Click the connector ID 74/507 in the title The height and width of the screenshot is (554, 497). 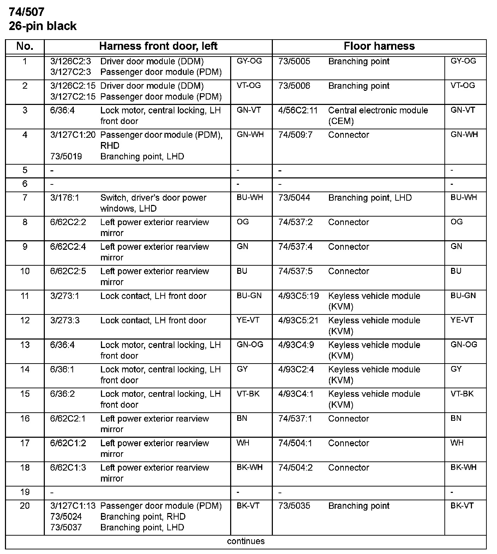[27, 12]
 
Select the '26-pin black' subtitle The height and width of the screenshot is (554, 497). [43, 26]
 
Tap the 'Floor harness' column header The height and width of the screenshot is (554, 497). [379, 46]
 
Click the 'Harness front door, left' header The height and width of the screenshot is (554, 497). [158, 46]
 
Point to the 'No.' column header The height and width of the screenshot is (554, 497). [25, 46]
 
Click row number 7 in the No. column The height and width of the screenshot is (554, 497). [25, 198]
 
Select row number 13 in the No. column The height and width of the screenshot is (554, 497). [25, 345]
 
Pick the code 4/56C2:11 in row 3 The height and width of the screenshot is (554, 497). [298, 111]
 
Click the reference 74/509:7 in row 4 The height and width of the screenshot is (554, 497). [295, 135]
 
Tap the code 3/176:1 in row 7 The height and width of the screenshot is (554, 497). [65, 198]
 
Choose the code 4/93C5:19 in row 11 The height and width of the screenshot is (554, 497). [298, 296]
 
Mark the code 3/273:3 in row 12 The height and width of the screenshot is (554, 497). [65, 320]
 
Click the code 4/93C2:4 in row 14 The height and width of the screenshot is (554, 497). [296, 370]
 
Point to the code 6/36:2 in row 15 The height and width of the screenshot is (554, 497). [62, 394]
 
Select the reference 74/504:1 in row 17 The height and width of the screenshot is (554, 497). [295, 443]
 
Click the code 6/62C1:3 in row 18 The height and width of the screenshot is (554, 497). [68, 468]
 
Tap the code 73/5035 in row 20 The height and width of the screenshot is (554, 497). [294, 506]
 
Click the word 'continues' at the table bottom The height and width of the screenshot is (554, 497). [246, 541]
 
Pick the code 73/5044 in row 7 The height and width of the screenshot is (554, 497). [294, 198]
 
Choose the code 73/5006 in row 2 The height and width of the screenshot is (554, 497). [294, 86]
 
